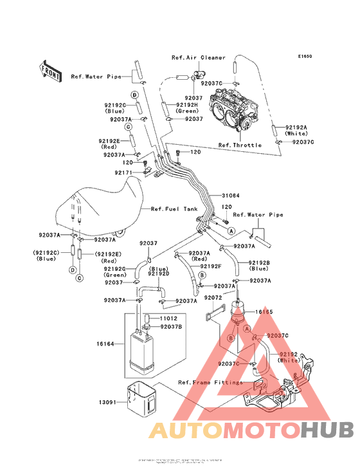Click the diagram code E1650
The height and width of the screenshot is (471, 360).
click(x=305, y=56)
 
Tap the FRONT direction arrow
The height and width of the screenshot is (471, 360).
click(x=51, y=69)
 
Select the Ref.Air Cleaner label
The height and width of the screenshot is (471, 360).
click(x=198, y=57)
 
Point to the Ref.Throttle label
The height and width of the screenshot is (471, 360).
click(x=240, y=145)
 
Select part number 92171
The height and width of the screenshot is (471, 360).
click(x=124, y=173)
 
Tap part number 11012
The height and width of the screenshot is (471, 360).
click(x=169, y=319)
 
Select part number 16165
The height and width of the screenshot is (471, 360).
click(x=265, y=312)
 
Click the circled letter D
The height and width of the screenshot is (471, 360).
click(x=136, y=95)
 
